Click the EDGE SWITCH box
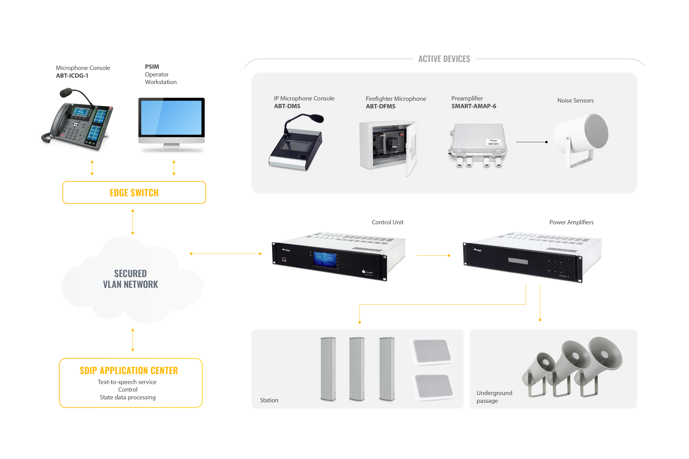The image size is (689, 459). tap(134, 192)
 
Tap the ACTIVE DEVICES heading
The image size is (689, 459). tap(444, 59)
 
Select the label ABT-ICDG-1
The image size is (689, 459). tap(72, 76)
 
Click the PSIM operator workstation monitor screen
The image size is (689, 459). tap(171, 118)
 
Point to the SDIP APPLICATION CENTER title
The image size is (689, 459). tap(129, 370)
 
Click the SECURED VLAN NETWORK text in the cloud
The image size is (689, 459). tap(131, 279)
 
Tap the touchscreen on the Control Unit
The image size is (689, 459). tap(325, 259)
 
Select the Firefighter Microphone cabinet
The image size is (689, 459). tap(388, 146)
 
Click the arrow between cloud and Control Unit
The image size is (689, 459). tap(226, 254)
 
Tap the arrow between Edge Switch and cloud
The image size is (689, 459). tap(132, 222)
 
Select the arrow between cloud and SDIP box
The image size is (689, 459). tap(132, 339)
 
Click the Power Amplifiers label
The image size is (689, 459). tap(571, 222)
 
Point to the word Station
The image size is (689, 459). tap(269, 400)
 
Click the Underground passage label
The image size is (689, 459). tap(494, 397)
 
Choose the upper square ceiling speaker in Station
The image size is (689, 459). tap(432, 352)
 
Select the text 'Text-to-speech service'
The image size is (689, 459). tap(127, 382)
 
